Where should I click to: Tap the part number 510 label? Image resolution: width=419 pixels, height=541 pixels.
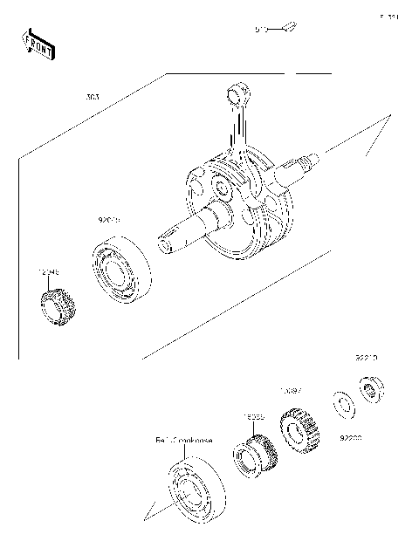tap(260, 29)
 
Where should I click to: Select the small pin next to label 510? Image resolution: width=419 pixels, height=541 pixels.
tap(289, 28)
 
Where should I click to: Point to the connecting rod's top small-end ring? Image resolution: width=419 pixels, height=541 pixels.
tap(237, 92)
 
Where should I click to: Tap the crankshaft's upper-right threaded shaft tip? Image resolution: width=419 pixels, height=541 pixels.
tap(311, 161)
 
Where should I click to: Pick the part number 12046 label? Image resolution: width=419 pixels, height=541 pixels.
tap(48, 272)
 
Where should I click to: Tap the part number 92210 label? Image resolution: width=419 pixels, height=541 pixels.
tap(366, 358)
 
